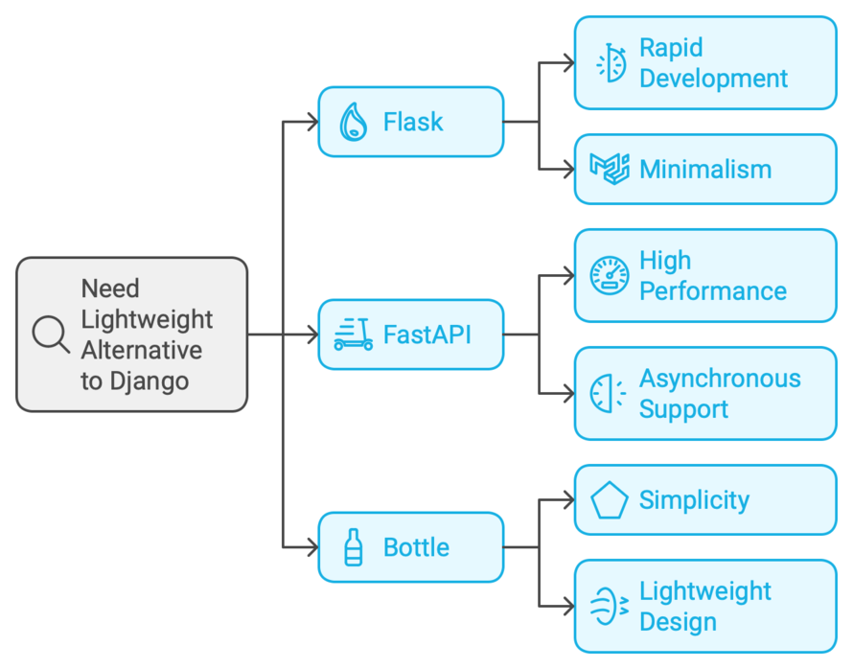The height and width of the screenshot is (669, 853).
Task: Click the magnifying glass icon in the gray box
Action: pyautogui.click(x=50, y=334)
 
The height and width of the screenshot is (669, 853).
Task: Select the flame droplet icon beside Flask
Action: pyautogui.click(x=353, y=122)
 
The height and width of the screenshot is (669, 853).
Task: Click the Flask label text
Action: pyautogui.click(x=413, y=122)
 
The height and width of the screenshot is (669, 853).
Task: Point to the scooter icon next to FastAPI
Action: pyautogui.click(x=353, y=334)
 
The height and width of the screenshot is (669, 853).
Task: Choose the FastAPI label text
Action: pyautogui.click(x=426, y=334)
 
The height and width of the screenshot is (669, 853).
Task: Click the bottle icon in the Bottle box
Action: pyautogui.click(x=353, y=547)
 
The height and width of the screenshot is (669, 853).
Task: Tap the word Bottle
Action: pyautogui.click(x=416, y=547)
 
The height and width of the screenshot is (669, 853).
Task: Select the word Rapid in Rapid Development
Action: pyautogui.click(x=671, y=48)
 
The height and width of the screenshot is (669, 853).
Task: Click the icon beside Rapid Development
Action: pyautogui.click(x=610, y=62)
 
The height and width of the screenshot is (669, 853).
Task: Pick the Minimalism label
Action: pyautogui.click(x=705, y=170)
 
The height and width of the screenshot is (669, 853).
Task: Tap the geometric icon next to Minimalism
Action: pyautogui.click(x=610, y=169)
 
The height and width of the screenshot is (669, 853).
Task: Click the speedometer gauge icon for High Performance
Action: pyautogui.click(x=610, y=275)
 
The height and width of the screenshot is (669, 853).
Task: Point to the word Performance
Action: pyautogui.click(x=713, y=291)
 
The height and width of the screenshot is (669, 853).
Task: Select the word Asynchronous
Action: pyautogui.click(x=720, y=379)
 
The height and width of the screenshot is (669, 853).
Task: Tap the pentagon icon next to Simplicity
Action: pyautogui.click(x=610, y=500)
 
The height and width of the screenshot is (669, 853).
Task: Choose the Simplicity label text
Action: pyautogui.click(x=694, y=500)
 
